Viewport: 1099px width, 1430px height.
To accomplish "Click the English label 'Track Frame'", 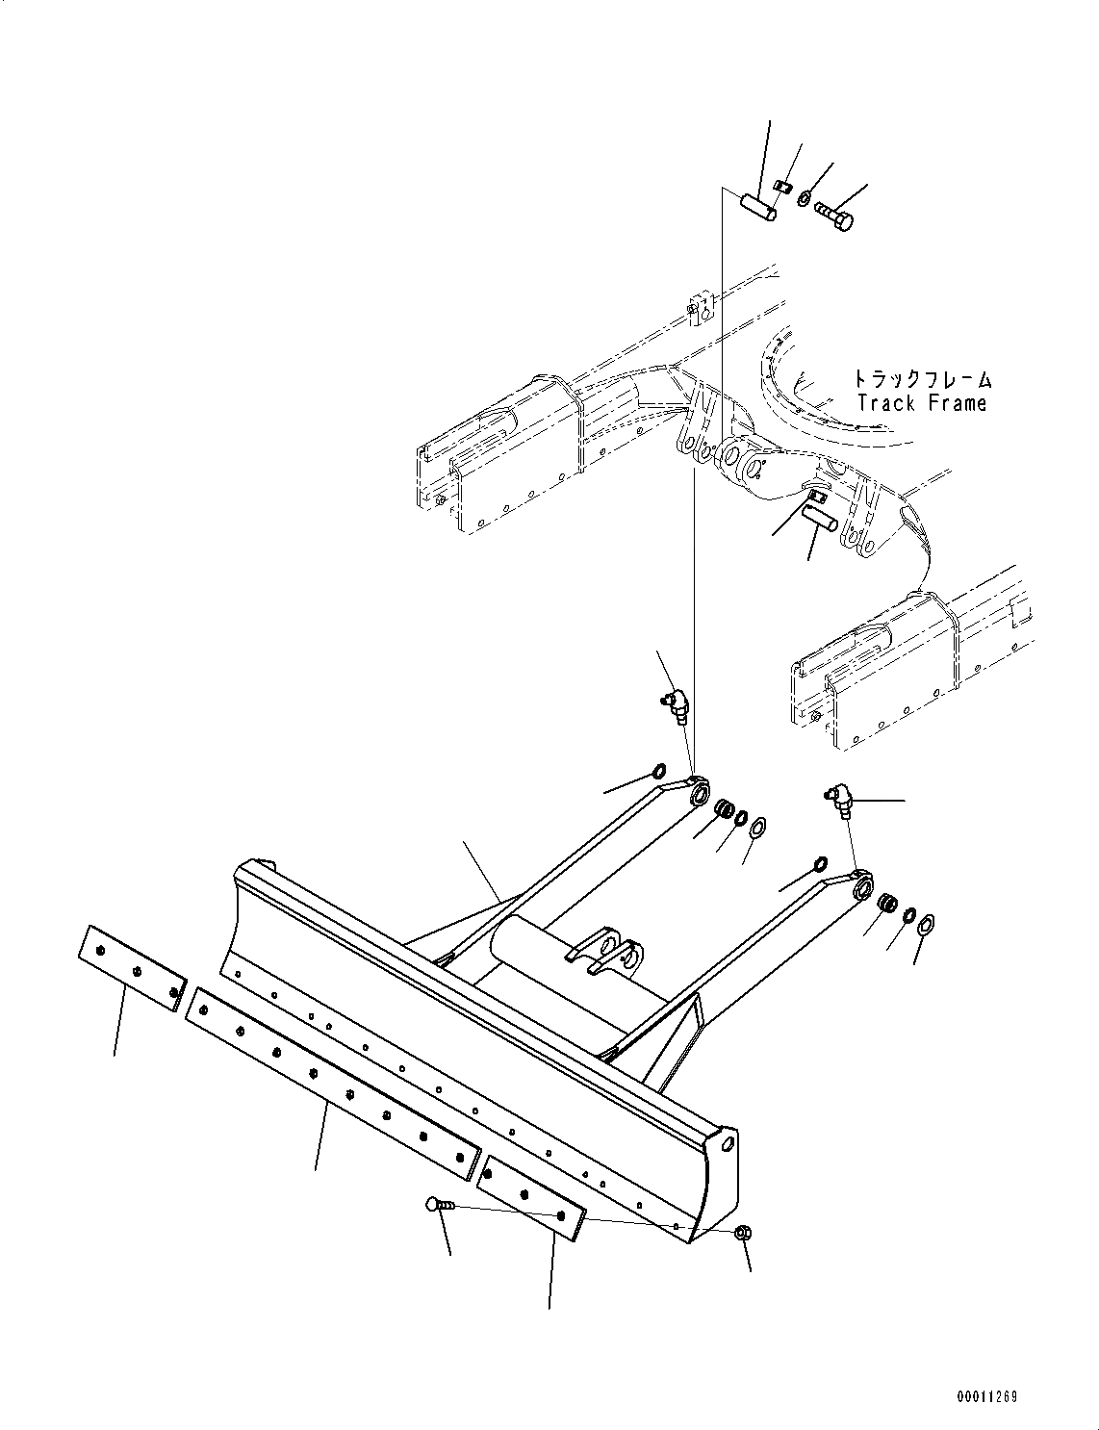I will [921, 403].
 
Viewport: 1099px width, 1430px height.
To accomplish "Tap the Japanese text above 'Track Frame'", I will [921, 380].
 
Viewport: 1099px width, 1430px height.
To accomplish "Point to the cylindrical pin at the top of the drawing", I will [757, 206].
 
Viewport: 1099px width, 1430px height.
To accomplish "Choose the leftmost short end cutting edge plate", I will [132, 968].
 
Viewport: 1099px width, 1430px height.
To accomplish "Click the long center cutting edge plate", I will [332, 1082].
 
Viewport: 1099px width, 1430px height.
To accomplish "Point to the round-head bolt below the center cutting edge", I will [434, 1203].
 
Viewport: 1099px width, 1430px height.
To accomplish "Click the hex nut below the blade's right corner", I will [742, 1233].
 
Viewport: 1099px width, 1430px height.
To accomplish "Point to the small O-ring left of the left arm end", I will [659, 771].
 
